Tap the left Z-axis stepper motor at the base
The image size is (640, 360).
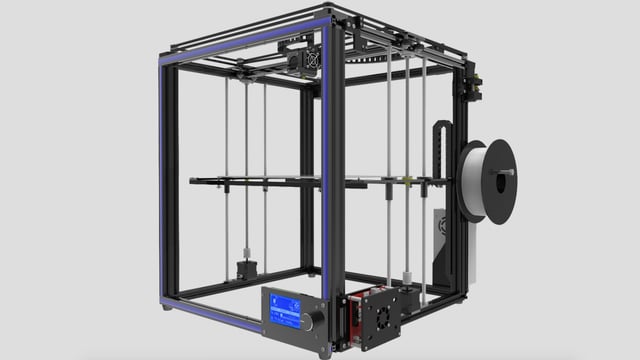(x=246, y=270)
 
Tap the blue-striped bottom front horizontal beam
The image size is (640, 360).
(x=210, y=314)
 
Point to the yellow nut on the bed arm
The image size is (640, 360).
(x=408, y=181)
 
